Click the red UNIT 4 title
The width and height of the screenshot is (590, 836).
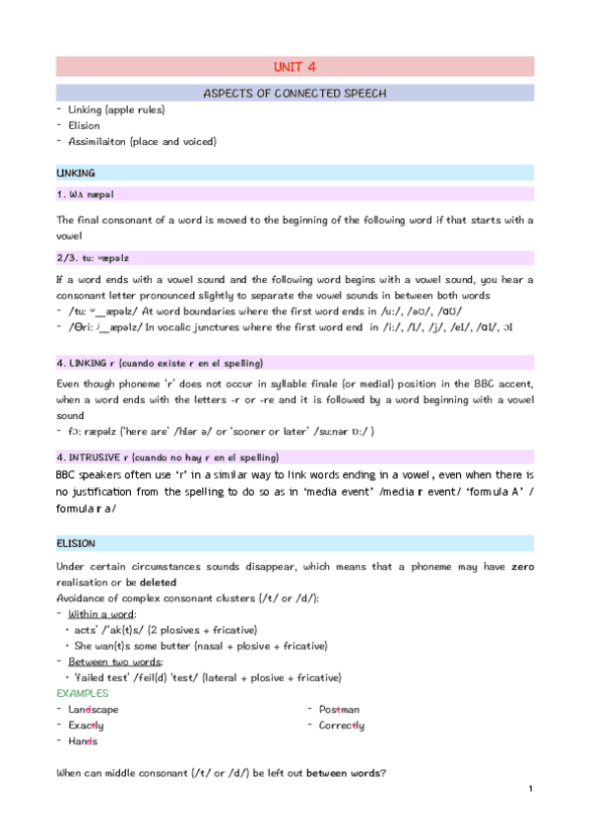[x=295, y=67]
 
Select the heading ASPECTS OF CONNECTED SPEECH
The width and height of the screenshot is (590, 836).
[x=295, y=94]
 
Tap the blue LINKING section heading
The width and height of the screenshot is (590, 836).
[x=76, y=173]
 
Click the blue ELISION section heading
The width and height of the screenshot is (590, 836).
[x=76, y=542]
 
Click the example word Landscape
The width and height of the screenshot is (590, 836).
[x=94, y=709]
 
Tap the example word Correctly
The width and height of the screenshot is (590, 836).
[x=341, y=725]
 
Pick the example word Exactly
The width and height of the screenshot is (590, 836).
[x=89, y=725]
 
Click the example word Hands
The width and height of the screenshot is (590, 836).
[x=83, y=740]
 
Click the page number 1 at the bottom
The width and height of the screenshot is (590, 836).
[x=530, y=789]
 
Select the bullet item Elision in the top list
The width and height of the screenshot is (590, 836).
[x=84, y=125]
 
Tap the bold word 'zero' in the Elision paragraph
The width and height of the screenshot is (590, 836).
[x=516, y=567]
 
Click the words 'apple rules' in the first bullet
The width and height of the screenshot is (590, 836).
[x=138, y=109]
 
